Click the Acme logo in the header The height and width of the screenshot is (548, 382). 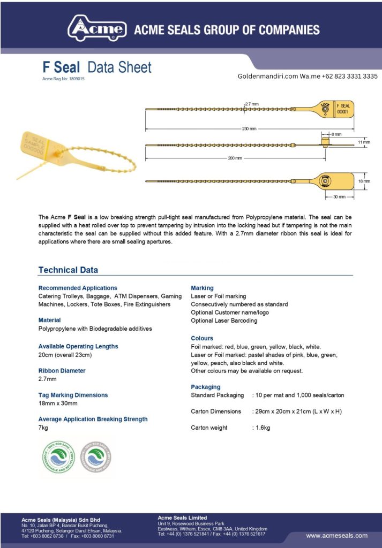point(97,28)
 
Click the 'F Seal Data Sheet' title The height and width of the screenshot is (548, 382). point(97,67)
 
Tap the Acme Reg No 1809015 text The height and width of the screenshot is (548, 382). point(63,79)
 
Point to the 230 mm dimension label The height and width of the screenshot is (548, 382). point(249,129)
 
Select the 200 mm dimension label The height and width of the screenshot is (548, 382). point(235,158)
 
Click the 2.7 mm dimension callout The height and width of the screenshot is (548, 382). point(252,103)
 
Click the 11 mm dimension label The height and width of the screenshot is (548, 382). point(364,142)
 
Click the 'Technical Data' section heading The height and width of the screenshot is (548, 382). point(68,270)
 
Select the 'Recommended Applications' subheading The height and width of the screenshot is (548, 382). point(78,288)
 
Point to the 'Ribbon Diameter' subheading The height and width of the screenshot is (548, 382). point(62,370)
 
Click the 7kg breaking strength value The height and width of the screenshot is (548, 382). point(43,428)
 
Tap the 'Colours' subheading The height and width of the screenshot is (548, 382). point(202,338)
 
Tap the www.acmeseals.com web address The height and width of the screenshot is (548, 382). point(336,535)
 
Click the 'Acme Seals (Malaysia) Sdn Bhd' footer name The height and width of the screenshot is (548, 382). point(61,520)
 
